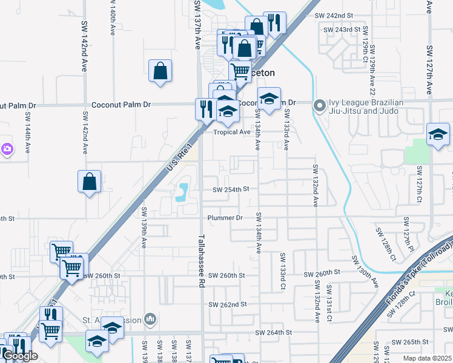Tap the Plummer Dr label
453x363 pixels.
click(225, 217)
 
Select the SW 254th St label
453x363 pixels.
click(231, 189)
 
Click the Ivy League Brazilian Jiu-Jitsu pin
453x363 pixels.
click(319, 106)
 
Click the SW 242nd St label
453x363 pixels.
click(333, 15)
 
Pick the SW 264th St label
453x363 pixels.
click(273, 332)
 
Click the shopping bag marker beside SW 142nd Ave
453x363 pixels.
click(89, 181)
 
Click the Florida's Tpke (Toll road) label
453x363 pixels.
click(418, 268)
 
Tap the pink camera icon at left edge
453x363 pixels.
click(7, 148)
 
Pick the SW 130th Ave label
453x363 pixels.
click(366, 271)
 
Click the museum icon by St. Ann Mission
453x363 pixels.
click(150, 319)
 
